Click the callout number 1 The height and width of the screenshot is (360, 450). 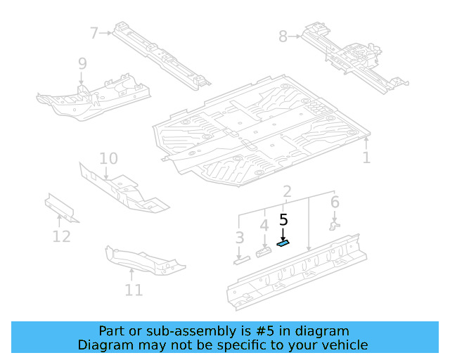point(366,157)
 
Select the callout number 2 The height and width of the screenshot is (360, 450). point(287,192)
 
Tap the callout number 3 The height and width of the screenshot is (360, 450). point(240,238)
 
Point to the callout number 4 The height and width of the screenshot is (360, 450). point(264,226)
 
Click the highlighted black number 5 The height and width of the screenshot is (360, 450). point(283,220)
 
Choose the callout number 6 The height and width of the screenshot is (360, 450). point(335,202)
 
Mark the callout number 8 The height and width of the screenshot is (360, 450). point(283,35)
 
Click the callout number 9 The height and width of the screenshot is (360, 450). point(82,64)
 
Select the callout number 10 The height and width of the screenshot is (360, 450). point(108,158)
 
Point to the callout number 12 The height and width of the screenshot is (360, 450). point(61,236)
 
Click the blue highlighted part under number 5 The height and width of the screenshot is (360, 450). point(283,244)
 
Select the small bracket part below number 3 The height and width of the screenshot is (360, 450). point(240,261)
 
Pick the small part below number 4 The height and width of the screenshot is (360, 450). point(264,252)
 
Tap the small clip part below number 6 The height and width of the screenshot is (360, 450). point(335,225)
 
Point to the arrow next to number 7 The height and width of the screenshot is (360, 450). point(108,32)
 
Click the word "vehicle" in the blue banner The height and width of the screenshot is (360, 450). point(343,345)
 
